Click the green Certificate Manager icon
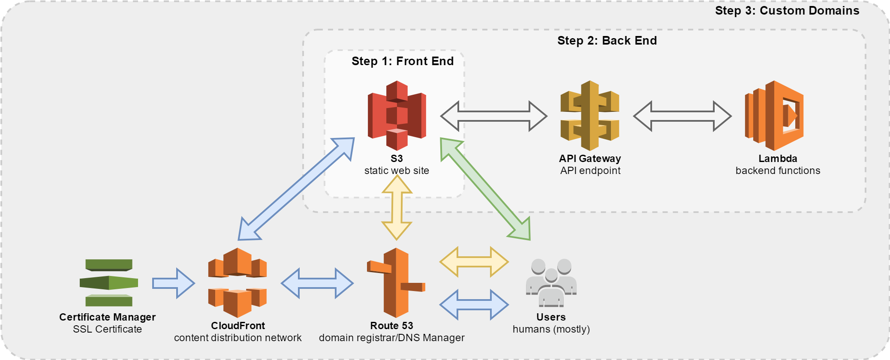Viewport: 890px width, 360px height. pyautogui.click(x=109, y=283)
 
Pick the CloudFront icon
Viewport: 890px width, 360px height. pyautogui.click(x=237, y=283)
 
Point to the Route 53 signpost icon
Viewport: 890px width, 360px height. pyautogui.click(x=396, y=283)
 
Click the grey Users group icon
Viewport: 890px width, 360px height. pyautogui.click(x=551, y=283)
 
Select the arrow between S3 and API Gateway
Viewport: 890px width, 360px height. pyautogui.click(x=494, y=116)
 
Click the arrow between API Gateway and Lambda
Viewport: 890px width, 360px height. pyautogui.click(x=683, y=116)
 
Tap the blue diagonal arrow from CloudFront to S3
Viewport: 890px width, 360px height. pyautogui.click(x=296, y=189)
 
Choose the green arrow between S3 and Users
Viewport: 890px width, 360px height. pyautogui.click(x=486, y=189)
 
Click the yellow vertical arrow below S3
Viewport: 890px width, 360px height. pyautogui.click(x=397, y=207)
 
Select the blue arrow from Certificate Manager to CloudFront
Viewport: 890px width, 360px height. pyautogui.click(x=174, y=283)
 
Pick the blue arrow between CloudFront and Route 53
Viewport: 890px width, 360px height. pyautogui.click(x=317, y=283)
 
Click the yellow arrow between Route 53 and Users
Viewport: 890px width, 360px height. pyautogui.click(x=474, y=261)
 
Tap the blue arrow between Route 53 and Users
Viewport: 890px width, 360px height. pyautogui.click(x=474, y=305)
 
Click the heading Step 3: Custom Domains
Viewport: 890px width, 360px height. pyautogui.click(x=787, y=11)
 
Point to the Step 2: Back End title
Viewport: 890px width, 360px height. pyautogui.click(x=607, y=41)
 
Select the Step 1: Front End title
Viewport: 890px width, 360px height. pyautogui.click(x=403, y=61)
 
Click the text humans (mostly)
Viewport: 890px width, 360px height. pyautogui.click(x=551, y=329)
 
